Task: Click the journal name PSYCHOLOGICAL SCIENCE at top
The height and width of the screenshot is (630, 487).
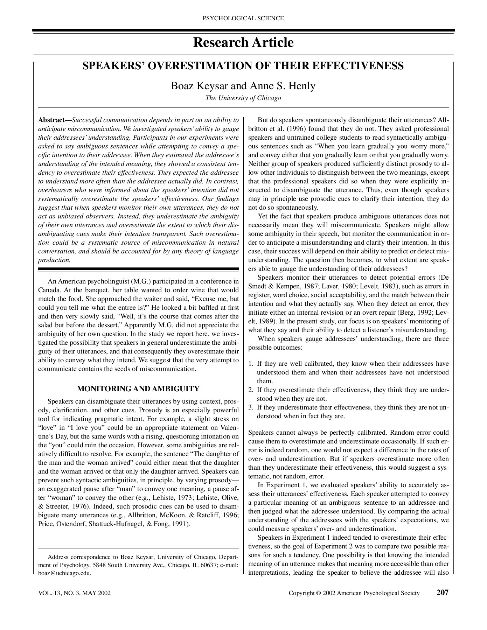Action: click(x=243, y=19)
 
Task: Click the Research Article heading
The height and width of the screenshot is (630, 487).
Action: click(x=243, y=43)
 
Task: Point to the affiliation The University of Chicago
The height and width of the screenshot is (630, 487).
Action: click(x=243, y=98)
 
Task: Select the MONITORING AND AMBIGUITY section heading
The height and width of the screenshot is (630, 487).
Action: click(x=138, y=389)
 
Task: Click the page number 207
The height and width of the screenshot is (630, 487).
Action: click(x=443, y=592)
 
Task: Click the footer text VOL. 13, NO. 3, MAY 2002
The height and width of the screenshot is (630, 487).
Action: click(x=74, y=593)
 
